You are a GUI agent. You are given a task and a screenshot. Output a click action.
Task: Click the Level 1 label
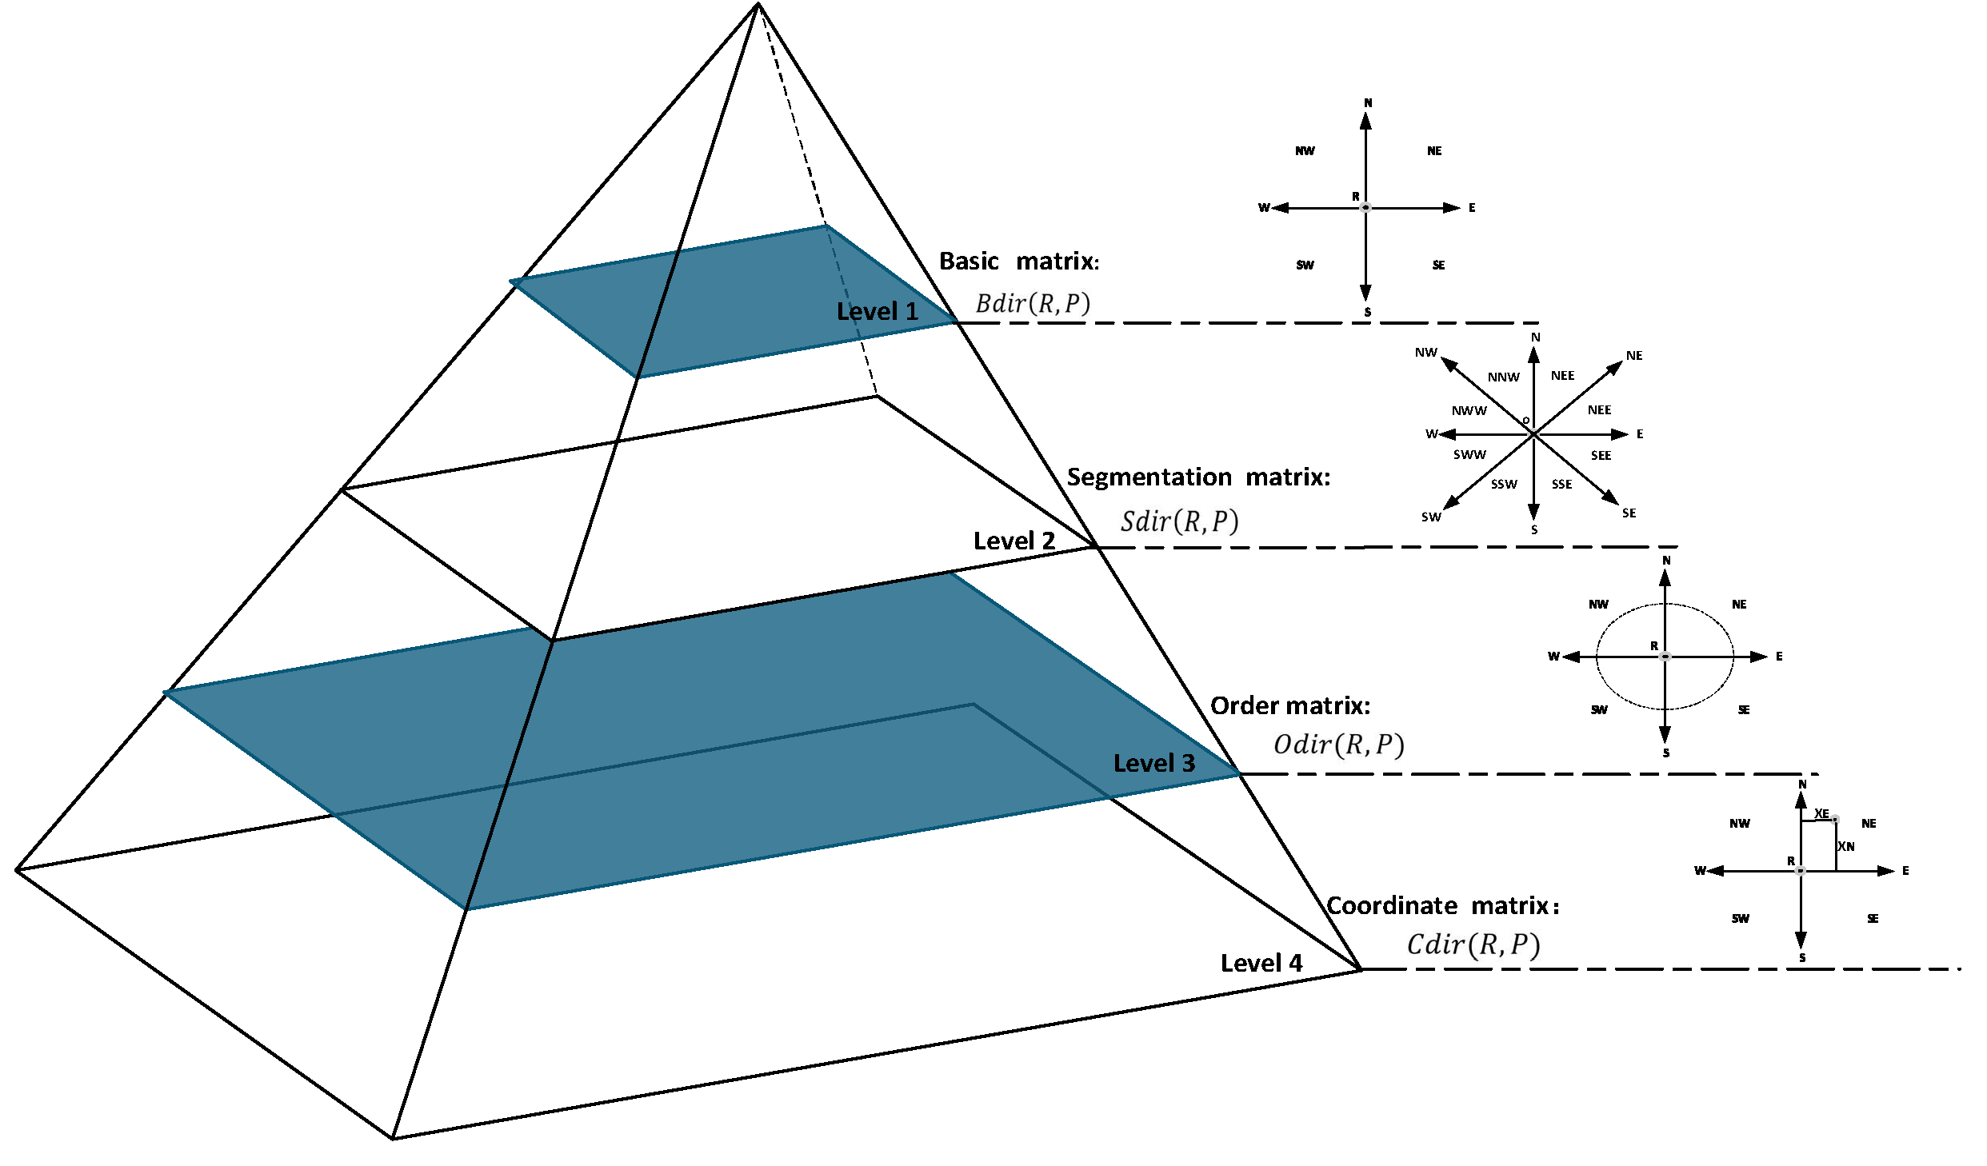tap(877, 311)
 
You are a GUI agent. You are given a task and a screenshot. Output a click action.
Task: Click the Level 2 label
tap(1013, 541)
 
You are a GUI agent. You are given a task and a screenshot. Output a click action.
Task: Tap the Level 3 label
tap(1153, 763)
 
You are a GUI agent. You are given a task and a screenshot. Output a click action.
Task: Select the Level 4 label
tap(1261, 963)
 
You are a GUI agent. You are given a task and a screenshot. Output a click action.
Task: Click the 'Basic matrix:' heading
tap(1018, 261)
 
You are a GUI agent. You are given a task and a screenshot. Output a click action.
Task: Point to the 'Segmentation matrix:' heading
tap(1197, 477)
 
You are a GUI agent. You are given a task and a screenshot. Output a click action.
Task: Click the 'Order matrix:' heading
tap(1289, 705)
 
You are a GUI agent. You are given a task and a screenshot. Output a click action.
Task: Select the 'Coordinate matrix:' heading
tap(1442, 905)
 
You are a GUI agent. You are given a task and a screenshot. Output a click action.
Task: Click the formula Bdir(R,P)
tap(1032, 303)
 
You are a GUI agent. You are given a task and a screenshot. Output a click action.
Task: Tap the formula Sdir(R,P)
tap(1179, 521)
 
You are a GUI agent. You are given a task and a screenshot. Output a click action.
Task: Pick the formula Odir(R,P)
tap(1338, 745)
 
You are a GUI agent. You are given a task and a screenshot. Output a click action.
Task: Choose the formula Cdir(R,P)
tap(1473, 944)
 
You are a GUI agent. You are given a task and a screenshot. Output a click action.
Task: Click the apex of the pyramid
tap(758, 5)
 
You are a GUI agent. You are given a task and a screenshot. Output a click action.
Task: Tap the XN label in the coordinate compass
tap(1845, 846)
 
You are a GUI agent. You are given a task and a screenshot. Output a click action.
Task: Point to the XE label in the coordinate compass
tap(1821, 813)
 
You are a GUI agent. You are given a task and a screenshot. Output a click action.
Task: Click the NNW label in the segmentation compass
tap(1503, 377)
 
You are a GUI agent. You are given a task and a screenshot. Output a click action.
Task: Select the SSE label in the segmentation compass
tap(1561, 484)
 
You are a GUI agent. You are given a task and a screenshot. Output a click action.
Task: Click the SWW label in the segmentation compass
tap(1469, 454)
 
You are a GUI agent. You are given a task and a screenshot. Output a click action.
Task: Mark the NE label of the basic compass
tap(1434, 150)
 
